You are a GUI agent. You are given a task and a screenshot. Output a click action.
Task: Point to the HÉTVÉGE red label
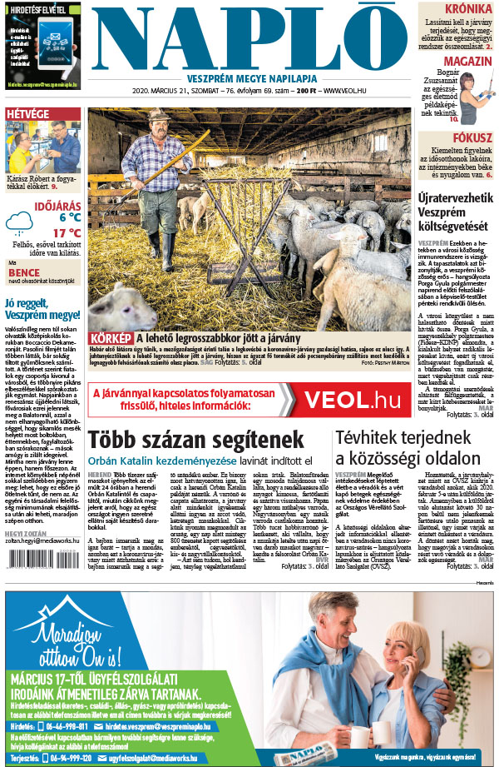[27, 113]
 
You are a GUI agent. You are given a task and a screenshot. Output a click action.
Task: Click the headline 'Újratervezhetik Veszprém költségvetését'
[455, 206]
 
